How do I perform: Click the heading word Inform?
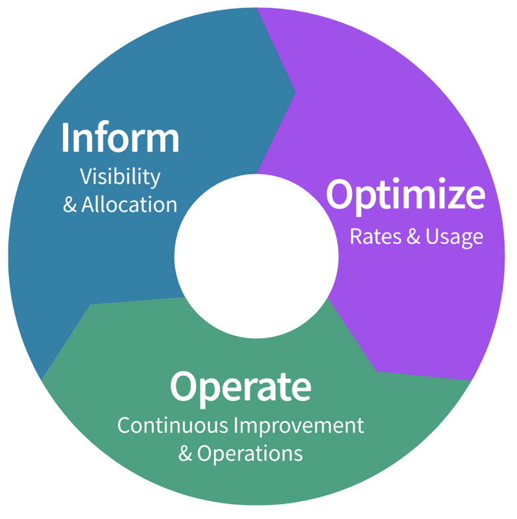click(121, 137)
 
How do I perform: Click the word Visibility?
click(121, 177)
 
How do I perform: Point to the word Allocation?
click(129, 204)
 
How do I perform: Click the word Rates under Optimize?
click(376, 236)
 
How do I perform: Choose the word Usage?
click(454, 238)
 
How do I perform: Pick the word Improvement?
click(299, 426)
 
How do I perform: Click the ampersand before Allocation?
click(70, 205)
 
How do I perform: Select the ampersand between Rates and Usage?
click(413, 236)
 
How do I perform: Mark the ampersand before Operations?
click(185, 453)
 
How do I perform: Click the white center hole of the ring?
click(257, 256)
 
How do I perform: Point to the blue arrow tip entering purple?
click(295, 92)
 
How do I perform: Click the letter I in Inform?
click(66, 137)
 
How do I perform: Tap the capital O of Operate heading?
click(184, 386)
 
